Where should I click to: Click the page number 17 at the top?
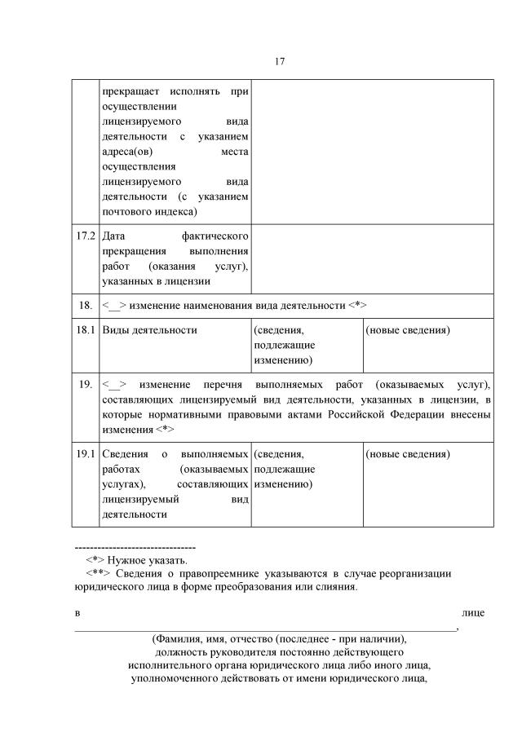tap(279, 62)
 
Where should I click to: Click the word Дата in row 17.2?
tap(113, 236)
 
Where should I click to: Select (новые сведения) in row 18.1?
tap(407, 330)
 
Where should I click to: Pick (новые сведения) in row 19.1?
tap(407, 453)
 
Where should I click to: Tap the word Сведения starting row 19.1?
tap(125, 453)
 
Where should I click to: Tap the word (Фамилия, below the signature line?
tap(179, 639)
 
